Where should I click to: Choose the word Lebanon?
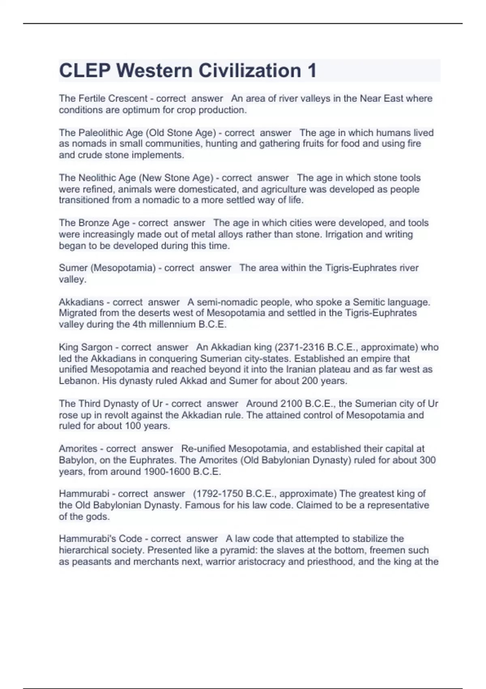click(x=78, y=381)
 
